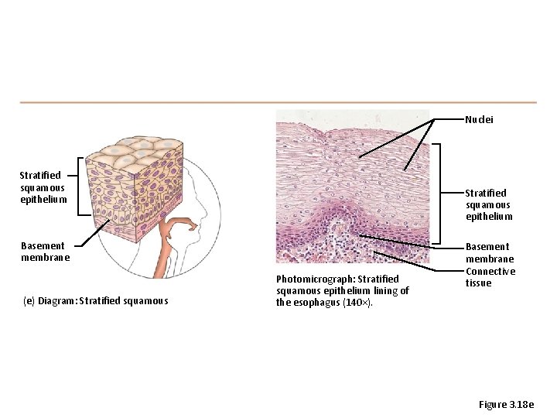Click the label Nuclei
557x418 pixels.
pos(479,120)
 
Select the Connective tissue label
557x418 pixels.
pos(490,277)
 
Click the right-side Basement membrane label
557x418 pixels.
pos(489,252)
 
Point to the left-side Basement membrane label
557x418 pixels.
pos(45,252)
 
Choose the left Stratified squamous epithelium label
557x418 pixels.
pos(43,187)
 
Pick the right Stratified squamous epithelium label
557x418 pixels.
pos(487,204)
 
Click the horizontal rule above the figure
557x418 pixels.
pos(278,102)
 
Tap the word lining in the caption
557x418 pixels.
pos(384,290)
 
